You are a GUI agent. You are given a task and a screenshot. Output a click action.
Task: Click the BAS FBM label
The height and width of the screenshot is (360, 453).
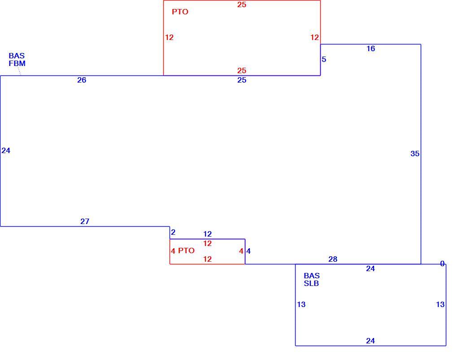coord(17,60)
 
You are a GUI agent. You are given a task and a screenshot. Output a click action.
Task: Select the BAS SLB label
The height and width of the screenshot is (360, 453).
coord(311,280)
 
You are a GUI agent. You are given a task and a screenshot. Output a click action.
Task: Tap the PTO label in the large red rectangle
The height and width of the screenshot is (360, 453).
coord(180,12)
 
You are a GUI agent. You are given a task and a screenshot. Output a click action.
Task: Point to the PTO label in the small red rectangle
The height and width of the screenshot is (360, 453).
coord(186,251)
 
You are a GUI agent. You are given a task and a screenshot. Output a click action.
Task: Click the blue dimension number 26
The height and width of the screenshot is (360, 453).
coord(82,80)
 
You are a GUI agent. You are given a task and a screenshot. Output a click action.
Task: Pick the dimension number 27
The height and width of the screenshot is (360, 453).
coord(85,221)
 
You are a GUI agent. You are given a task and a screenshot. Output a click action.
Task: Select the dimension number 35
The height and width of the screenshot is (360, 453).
coord(415,154)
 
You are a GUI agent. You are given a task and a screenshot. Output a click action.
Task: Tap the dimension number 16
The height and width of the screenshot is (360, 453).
coord(370,48)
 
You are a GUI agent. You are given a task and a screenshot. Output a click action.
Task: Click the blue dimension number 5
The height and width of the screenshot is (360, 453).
coord(324,60)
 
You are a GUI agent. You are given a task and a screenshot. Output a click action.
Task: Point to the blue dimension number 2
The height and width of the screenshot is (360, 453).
coord(173,232)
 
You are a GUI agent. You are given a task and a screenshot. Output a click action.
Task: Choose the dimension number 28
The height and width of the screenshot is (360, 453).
coord(333,259)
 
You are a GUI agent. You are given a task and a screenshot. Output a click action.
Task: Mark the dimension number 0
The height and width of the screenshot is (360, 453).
coord(442,263)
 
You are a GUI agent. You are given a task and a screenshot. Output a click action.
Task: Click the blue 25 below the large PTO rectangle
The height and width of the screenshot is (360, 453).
coord(242,80)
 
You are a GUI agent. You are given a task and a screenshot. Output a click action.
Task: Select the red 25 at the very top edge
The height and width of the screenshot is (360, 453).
coord(242,4)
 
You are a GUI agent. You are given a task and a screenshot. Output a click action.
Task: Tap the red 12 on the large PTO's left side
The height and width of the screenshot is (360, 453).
coord(169,37)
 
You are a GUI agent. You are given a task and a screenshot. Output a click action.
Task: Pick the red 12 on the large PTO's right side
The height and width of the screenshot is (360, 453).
coord(314,37)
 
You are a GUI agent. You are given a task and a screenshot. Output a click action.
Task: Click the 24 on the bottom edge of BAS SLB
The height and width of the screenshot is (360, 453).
coord(370,341)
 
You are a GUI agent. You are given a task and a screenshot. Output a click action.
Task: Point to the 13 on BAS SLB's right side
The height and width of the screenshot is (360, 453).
coord(440,304)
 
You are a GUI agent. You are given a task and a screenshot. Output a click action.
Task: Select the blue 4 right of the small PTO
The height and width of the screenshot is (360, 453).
coord(248,251)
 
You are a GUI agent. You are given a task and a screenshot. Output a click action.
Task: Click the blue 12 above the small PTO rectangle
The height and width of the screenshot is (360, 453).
coord(207,234)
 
